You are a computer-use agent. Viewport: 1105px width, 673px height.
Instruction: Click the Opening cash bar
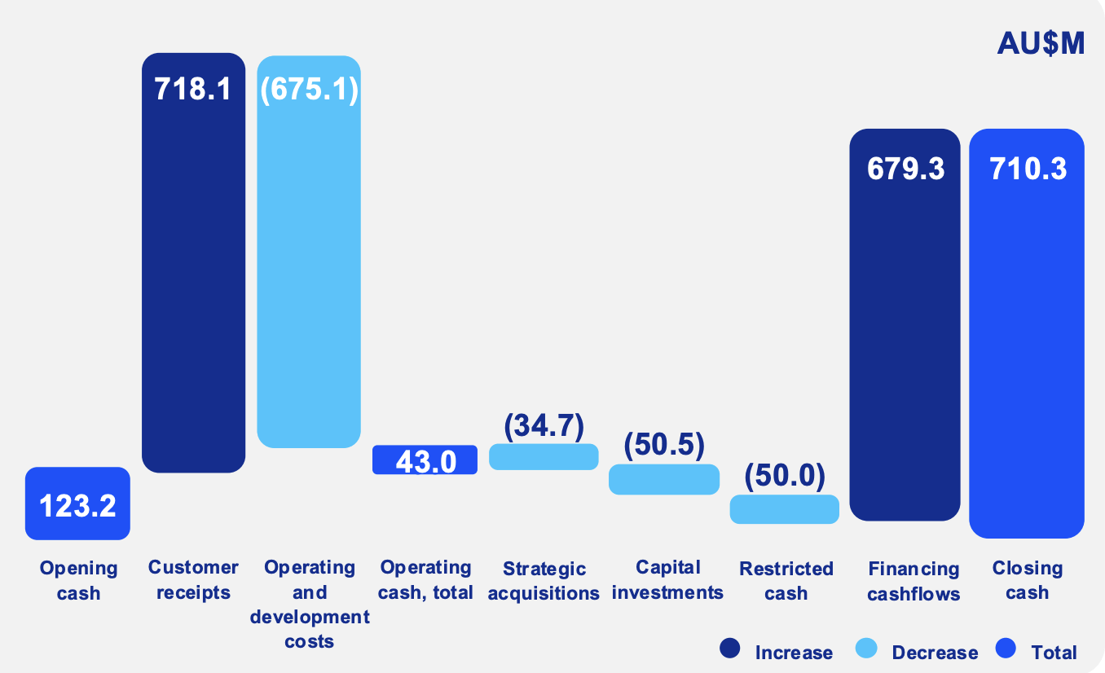click(x=77, y=503)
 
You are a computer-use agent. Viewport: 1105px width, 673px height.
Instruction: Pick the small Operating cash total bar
click(x=425, y=460)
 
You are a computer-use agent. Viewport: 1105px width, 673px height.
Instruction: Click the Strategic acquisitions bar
click(x=544, y=456)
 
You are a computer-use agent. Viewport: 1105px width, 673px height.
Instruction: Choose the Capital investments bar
click(x=664, y=479)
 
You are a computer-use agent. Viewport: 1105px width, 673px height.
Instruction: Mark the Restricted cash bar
click(x=784, y=509)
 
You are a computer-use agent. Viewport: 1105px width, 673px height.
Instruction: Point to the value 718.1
click(x=193, y=88)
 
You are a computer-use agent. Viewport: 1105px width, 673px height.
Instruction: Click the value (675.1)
click(x=309, y=89)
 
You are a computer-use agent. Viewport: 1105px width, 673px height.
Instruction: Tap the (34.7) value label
click(x=544, y=426)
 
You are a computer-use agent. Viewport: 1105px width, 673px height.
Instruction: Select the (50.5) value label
click(x=664, y=446)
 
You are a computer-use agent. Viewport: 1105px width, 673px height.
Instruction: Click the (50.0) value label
click(x=784, y=476)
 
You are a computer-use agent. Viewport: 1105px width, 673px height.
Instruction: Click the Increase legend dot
click(x=730, y=649)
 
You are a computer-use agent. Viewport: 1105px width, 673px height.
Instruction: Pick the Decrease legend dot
click(x=867, y=649)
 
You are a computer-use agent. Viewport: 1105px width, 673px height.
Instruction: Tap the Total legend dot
click(x=1006, y=649)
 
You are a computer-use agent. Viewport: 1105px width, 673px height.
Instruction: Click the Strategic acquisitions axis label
click(x=544, y=581)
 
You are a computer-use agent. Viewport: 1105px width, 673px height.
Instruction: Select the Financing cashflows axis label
click(x=913, y=581)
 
